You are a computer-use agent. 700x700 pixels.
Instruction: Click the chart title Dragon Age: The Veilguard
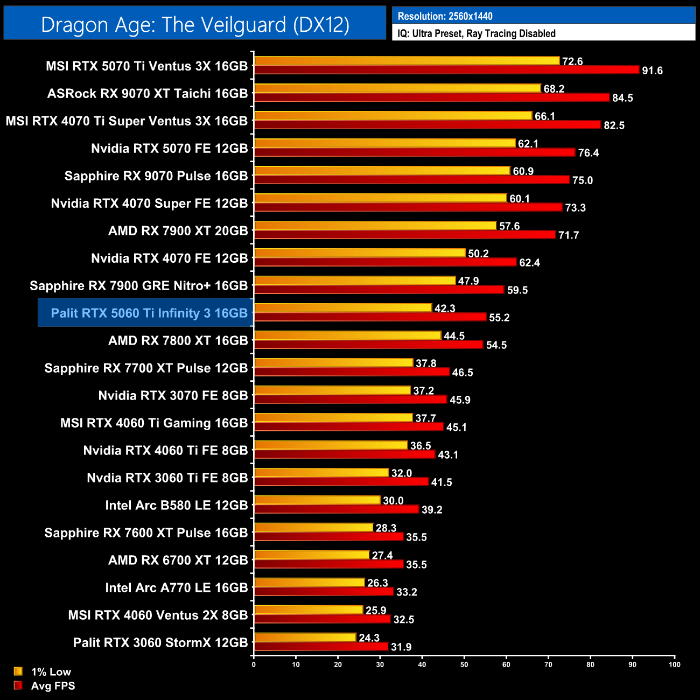pyautogui.click(x=195, y=25)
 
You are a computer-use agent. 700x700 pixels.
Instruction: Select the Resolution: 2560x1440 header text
pyautogui.click(x=445, y=16)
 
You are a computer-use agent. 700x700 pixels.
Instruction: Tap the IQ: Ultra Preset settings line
pyautogui.click(x=476, y=33)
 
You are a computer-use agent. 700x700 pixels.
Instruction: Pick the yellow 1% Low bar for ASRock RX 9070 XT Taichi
pyautogui.click(x=397, y=88)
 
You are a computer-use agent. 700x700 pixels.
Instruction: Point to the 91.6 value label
pyautogui.click(x=652, y=71)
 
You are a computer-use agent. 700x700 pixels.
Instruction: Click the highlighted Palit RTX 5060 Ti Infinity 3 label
pyautogui.click(x=149, y=313)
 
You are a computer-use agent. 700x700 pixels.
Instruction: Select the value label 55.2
pyautogui.click(x=499, y=318)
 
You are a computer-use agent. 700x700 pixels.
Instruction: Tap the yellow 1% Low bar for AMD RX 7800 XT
pyautogui.click(x=347, y=335)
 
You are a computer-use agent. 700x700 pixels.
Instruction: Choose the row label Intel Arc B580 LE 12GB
pyautogui.click(x=177, y=505)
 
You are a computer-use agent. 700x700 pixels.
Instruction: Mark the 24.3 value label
pyautogui.click(x=369, y=638)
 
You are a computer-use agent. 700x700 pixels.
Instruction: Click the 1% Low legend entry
pyautogui.click(x=51, y=671)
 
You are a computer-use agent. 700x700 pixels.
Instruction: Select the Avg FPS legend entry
pyautogui.click(x=53, y=685)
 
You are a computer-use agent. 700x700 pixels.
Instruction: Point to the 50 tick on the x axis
pyautogui.click(x=464, y=664)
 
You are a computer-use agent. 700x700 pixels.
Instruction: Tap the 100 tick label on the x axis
pyautogui.click(x=674, y=664)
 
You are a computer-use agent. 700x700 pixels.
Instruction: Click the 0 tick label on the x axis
pyautogui.click(x=254, y=664)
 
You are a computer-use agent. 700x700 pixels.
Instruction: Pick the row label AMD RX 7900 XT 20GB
pyautogui.click(x=178, y=230)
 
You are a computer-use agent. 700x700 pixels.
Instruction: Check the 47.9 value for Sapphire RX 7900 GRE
pyautogui.click(x=468, y=281)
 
